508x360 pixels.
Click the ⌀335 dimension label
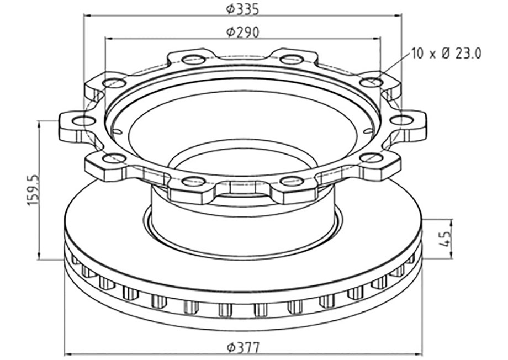point(242,9)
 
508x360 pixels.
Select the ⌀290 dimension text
point(242,32)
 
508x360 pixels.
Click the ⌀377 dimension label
point(243,348)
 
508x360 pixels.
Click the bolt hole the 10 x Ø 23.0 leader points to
point(371,82)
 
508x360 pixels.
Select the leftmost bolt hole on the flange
point(83,121)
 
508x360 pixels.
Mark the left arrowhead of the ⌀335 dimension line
point(87,15)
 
